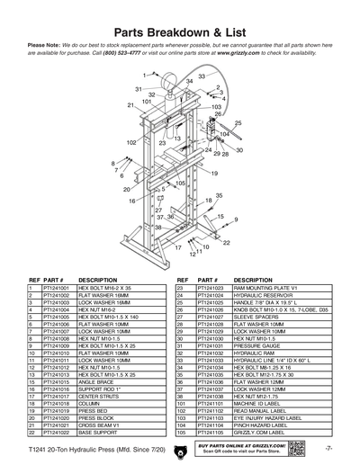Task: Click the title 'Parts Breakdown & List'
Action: point(180,30)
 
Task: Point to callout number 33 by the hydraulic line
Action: point(202,76)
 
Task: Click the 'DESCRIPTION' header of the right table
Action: point(230,279)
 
